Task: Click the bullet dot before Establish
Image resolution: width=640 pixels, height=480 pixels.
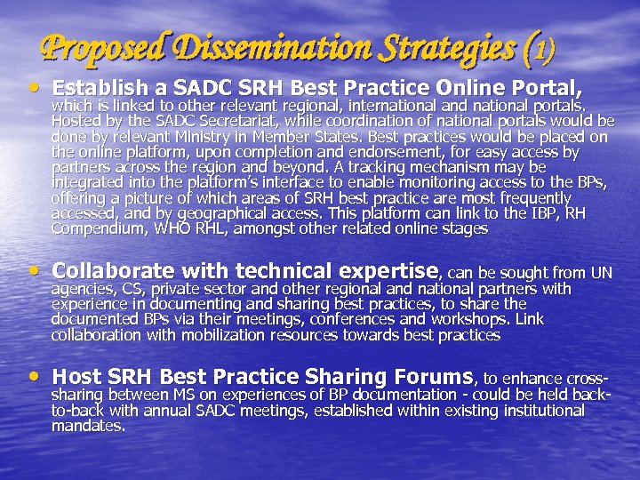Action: (33, 88)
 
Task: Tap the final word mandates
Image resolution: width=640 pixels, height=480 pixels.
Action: (88, 426)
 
